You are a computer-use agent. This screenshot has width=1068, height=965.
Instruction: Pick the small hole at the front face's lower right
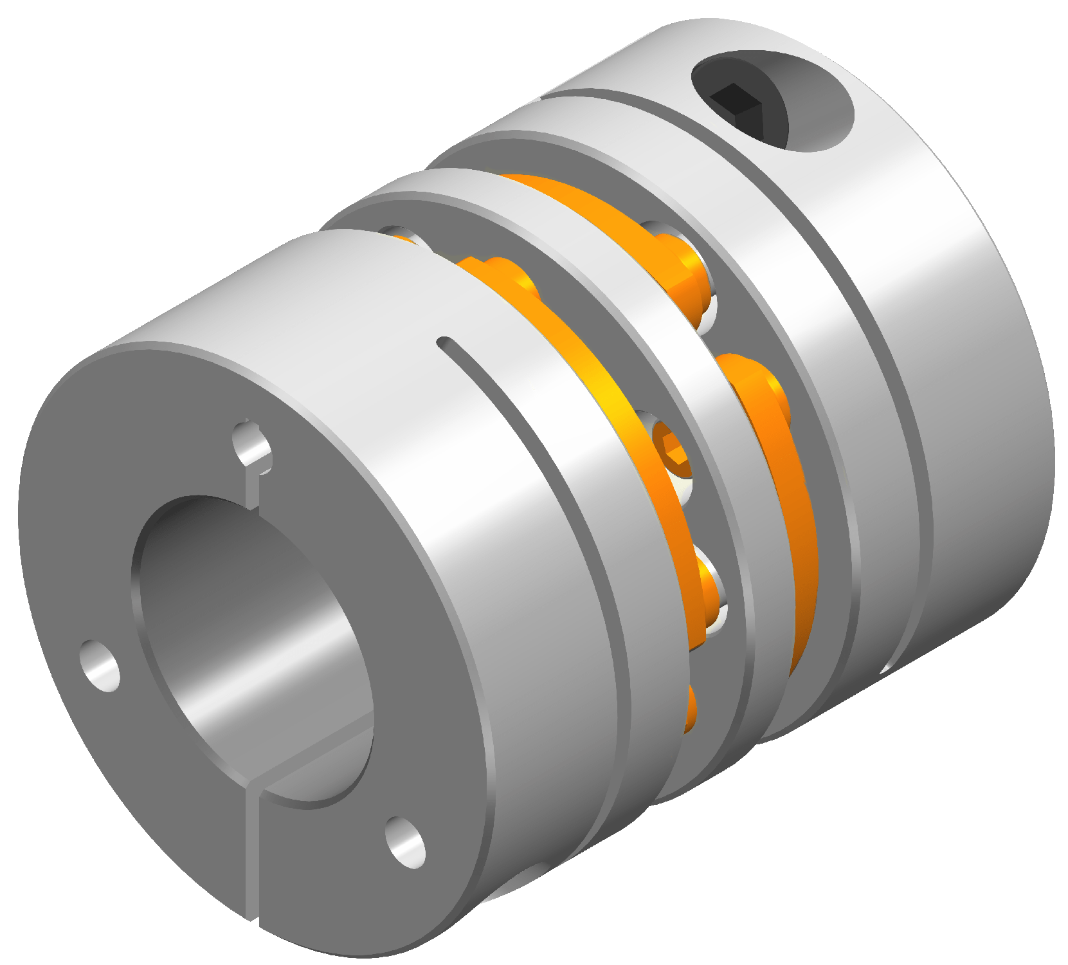405,841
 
